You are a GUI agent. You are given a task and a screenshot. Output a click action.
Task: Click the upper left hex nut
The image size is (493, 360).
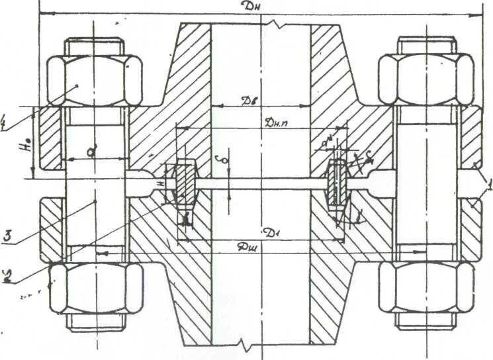pos(95,80)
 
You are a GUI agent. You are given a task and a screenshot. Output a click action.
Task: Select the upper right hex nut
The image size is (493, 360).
pos(426,80)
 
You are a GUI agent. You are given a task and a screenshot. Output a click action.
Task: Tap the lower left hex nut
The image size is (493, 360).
pos(95,289)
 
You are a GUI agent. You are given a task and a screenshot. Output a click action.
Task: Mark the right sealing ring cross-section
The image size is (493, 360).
pos(338,181)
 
